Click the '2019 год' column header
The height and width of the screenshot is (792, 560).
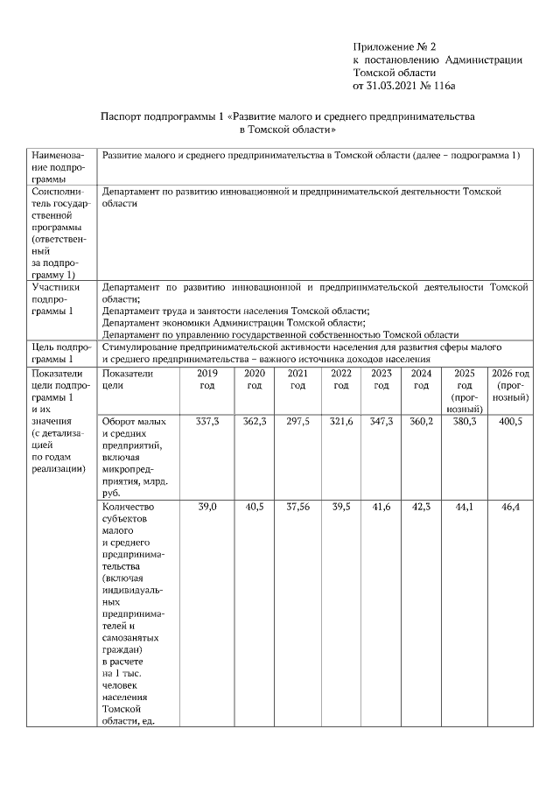pos(207,379)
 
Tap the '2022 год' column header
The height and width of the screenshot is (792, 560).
pos(340,379)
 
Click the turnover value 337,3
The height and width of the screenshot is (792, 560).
pos(207,421)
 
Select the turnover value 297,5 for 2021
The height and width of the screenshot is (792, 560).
pos(297,421)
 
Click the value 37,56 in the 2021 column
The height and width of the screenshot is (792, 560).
pos(297,507)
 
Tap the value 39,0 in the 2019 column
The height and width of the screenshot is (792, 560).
pos(207,507)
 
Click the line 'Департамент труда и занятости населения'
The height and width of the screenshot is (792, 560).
pos(236,311)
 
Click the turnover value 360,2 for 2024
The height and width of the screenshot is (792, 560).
pos(421,421)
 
